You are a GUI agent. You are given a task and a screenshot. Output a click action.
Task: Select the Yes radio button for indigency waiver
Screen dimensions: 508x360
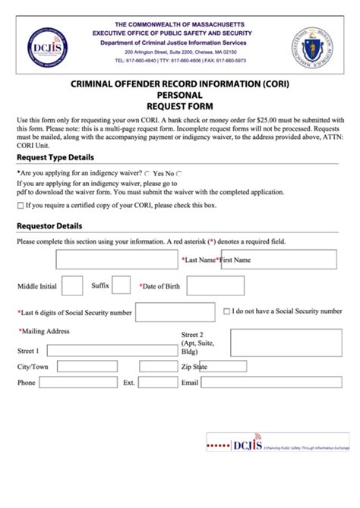(147, 174)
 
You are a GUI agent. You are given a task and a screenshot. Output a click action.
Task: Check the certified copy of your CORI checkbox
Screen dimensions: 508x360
(20, 206)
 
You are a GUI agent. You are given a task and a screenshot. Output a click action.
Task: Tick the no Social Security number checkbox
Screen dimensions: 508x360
(227, 311)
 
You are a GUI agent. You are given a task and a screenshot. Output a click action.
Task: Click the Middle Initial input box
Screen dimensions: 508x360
(71, 286)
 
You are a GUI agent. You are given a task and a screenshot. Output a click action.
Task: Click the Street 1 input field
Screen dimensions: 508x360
(109, 351)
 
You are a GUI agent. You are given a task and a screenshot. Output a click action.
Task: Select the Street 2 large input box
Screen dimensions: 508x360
(290, 342)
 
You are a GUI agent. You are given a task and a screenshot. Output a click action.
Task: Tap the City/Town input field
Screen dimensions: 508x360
(87, 367)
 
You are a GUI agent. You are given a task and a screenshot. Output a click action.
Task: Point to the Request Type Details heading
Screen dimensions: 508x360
(55, 158)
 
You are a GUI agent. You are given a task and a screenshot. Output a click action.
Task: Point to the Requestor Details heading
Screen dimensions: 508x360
(49, 226)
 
